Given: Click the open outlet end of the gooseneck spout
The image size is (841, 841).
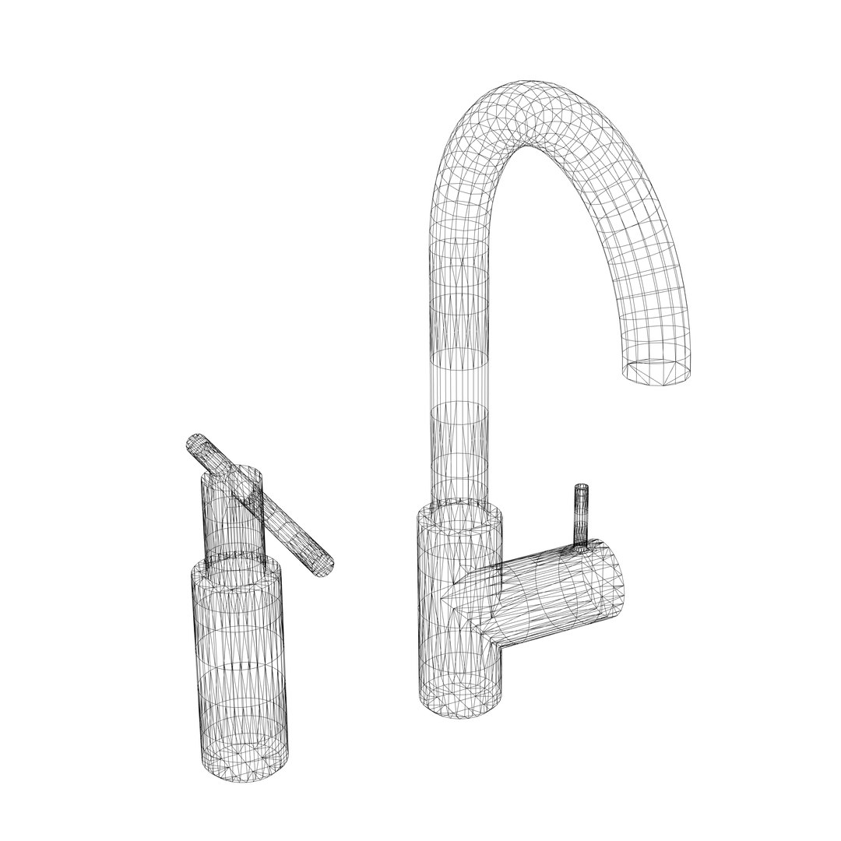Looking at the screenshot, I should point(658,369).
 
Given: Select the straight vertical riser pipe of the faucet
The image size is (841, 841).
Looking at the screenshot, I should point(459,350).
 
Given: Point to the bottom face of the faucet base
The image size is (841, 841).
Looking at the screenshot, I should point(461,700).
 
